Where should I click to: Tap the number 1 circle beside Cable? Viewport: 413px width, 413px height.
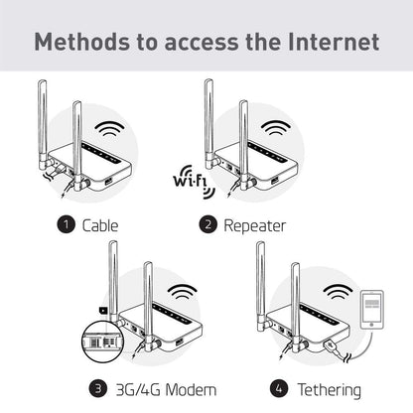[x=67, y=224]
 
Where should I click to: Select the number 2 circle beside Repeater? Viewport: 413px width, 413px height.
[x=207, y=224]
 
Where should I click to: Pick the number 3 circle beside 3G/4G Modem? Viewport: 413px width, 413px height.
[x=98, y=388]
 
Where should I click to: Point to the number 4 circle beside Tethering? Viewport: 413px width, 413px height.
[x=279, y=388]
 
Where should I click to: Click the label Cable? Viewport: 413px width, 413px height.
[x=100, y=225]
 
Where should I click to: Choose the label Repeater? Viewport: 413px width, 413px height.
[x=255, y=226]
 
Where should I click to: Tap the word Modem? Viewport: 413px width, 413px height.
[x=191, y=389]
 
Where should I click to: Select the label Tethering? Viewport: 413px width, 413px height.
[x=329, y=390]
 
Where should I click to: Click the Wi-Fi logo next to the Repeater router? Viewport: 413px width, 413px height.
[x=195, y=182]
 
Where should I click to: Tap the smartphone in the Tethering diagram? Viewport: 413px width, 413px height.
[x=372, y=310]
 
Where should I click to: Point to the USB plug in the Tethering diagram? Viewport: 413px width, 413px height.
[x=332, y=346]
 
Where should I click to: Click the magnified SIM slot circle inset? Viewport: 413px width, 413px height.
[x=102, y=343]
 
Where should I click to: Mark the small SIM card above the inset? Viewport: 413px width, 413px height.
[x=103, y=311]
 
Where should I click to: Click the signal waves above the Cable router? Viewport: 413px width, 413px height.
[x=109, y=129]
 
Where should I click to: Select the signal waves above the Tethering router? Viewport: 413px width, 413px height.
[x=338, y=292]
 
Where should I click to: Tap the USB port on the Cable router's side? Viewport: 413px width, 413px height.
[x=108, y=182]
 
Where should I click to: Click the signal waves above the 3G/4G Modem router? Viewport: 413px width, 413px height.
[x=182, y=292]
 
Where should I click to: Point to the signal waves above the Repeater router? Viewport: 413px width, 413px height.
[x=276, y=128]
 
